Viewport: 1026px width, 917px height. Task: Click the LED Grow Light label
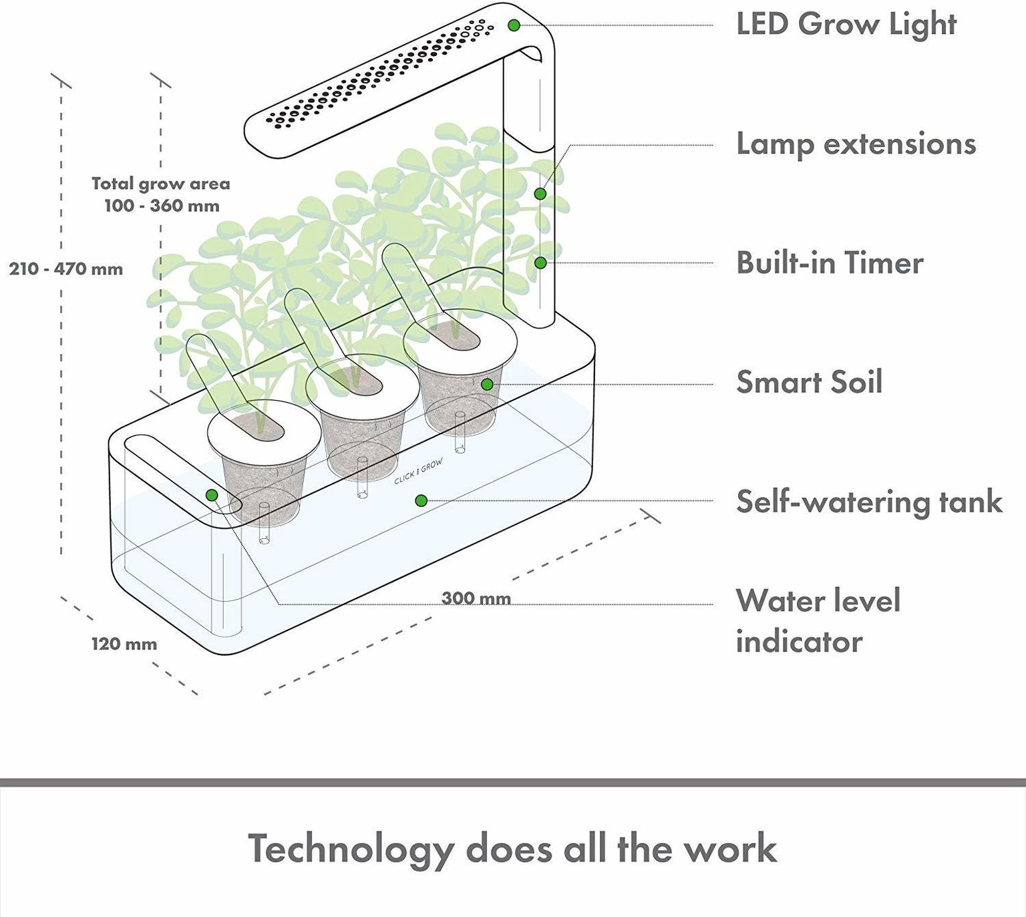pyautogui.click(x=846, y=25)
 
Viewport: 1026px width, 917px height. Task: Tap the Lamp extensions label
pyautogui.click(x=856, y=144)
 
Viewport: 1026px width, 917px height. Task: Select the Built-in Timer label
pyautogui.click(x=830, y=263)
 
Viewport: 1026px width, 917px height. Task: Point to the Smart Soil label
pyautogui.click(x=809, y=382)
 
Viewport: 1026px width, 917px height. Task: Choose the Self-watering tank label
pyautogui.click(x=869, y=502)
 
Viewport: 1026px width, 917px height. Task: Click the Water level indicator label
pyautogui.click(x=818, y=621)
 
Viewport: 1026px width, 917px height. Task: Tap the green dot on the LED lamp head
pyautogui.click(x=514, y=25)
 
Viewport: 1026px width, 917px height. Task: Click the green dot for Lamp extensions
pyautogui.click(x=540, y=194)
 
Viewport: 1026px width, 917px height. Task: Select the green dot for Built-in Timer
pyautogui.click(x=540, y=263)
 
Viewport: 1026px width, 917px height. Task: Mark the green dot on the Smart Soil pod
pyautogui.click(x=487, y=384)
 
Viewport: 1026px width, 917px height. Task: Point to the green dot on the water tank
pyautogui.click(x=421, y=500)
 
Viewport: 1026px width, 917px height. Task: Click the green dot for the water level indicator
pyautogui.click(x=212, y=495)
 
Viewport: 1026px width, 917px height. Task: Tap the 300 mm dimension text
pyautogui.click(x=476, y=598)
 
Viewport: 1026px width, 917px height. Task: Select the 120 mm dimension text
pyautogui.click(x=124, y=645)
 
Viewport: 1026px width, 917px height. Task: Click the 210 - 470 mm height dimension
pyautogui.click(x=66, y=269)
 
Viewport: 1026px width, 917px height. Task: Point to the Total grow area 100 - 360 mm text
pyautogui.click(x=161, y=194)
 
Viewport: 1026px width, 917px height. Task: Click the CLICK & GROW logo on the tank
pyautogui.click(x=418, y=472)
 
